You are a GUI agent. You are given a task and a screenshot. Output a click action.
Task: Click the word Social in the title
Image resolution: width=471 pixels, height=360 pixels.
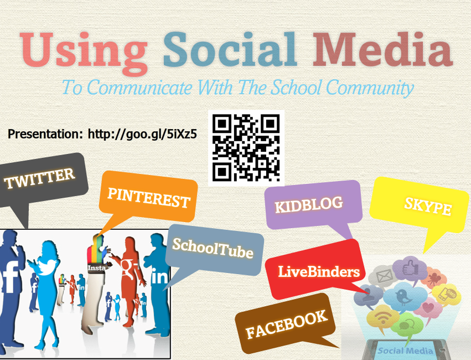tap(230, 49)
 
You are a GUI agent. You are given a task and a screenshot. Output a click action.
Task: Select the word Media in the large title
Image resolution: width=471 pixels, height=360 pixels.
tap(382, 49)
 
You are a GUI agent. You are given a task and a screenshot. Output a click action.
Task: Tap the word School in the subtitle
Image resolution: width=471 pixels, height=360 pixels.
tap(296, 87)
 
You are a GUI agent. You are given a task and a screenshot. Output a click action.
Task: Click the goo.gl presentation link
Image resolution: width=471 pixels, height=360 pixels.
tap(142, 135)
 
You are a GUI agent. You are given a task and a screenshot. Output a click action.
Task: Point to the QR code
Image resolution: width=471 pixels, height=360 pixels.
tap(246, 148)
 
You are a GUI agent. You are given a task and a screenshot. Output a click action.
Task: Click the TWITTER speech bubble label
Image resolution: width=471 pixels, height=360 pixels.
tap(39, 178)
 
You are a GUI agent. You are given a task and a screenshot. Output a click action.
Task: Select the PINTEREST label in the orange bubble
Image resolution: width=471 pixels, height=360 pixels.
tap(149, 198)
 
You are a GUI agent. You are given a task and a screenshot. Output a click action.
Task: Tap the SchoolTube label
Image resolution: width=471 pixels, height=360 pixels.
tap(213, 249)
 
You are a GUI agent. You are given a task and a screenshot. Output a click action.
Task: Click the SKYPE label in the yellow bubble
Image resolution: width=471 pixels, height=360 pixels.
tap(428, 206)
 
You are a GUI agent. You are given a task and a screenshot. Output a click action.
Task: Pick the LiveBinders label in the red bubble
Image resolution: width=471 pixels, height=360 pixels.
tap(319, 271)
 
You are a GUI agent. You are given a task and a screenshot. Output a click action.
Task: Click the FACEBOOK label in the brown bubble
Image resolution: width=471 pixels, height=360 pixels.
tap(286, 324)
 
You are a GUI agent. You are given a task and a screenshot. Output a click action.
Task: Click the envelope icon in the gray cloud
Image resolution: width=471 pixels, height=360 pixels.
tap(385, 276)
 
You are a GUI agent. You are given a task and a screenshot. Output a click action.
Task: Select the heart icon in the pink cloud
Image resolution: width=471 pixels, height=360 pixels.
tap(428, 308)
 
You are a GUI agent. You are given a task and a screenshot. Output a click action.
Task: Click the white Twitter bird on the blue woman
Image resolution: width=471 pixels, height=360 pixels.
tap(47, 266)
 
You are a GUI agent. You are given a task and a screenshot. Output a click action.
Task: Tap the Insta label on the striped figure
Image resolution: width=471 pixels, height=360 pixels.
tap(96, 268)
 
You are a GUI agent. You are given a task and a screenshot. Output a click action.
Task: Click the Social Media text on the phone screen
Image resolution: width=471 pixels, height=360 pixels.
tap(405, 351)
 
